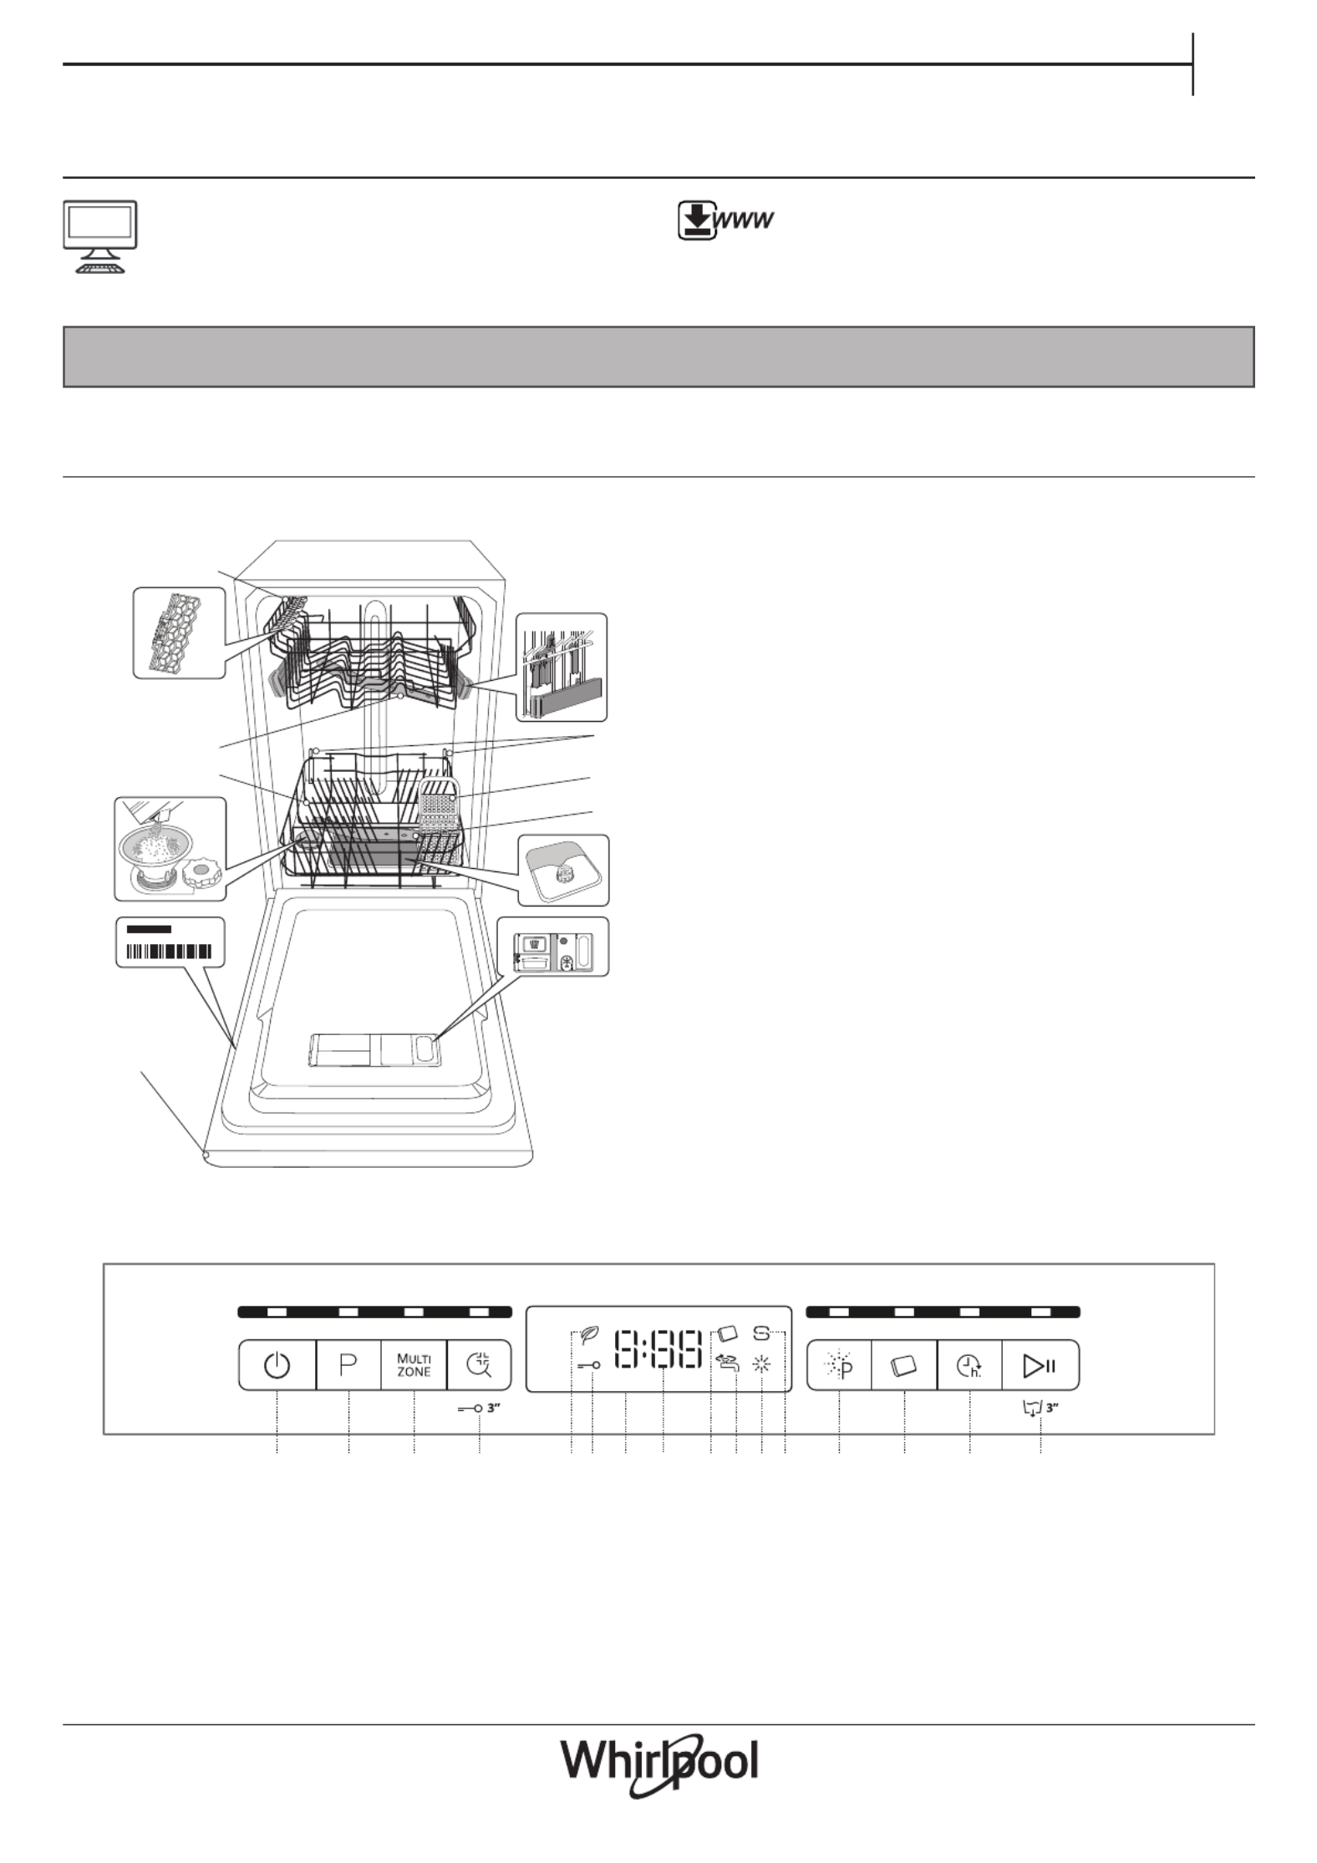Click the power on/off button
[277, 1365]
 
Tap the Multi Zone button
[414, 1365]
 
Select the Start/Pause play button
[1040, 1365]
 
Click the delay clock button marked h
[969, 1365]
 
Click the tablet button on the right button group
[904, 1365]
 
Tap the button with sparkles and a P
[839, 1365]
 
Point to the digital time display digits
[658, 1349]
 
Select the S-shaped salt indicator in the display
[761, 1334]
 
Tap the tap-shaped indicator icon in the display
[728, 1364]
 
